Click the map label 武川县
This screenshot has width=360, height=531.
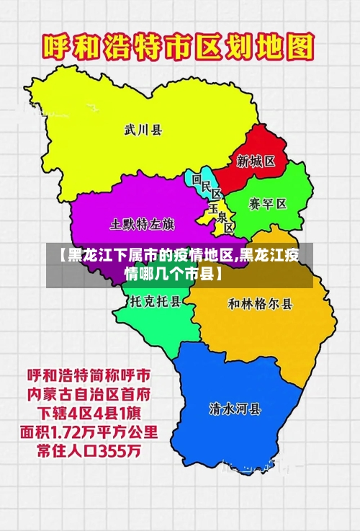[x=143, y=130]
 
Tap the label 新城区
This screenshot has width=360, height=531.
[x=256, y=161]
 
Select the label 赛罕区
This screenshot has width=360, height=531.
[x=268, y=204]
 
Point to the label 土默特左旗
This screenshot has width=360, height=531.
[x=142, y=224]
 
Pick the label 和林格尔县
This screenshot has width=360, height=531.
[x=260, y=303]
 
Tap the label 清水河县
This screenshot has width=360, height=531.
[x=235, y=409]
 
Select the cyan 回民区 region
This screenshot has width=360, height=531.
[x=196, y=180]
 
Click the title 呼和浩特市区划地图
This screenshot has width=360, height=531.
[x=179, y=50]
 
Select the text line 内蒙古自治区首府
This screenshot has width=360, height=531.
[x=89, y=395]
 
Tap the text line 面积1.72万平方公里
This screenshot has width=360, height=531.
[x=90, y=433]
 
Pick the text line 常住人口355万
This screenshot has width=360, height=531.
[x=84, y=452]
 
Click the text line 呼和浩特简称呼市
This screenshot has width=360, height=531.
[x=89, y=376]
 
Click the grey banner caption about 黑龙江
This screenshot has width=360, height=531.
[x=179, y=264]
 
